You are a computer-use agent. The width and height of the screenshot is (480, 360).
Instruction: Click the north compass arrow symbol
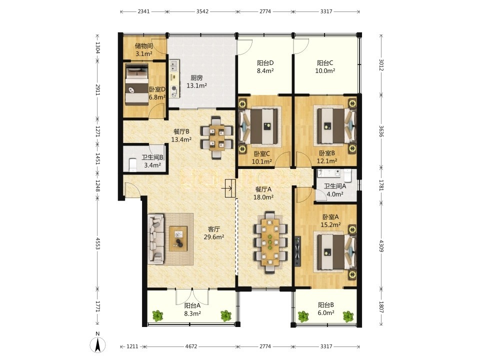[x=97, y=345]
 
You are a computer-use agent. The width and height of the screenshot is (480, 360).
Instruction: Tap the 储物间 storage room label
[x=144, y=46]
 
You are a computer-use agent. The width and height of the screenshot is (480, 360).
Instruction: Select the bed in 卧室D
[x=136, y=84]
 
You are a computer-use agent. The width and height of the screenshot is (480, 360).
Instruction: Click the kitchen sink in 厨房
[x=174, y=65]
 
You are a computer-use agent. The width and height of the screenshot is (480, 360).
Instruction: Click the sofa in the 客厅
[x=155, y=239]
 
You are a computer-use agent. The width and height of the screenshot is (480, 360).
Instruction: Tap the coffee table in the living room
[x=178, y=238]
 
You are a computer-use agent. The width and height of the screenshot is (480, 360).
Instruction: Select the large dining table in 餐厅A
[x=270, y=242]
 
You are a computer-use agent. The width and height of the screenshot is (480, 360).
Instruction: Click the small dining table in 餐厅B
[x=216, y=137]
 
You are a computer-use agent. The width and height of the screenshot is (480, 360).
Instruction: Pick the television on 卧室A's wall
[x=297, y=251]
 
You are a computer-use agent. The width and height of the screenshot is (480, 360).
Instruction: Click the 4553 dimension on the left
[x=97, y=243]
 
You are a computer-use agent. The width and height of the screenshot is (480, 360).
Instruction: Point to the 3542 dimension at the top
[x=202, y=11]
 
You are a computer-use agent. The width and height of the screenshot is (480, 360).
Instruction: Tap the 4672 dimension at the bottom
[x=191, y=346]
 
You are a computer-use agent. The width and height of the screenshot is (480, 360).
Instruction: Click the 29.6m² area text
[x=214, y=237]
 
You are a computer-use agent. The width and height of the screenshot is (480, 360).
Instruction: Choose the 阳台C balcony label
[x=325, y=63]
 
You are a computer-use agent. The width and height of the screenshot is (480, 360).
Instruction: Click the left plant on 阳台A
[x=158, y=315]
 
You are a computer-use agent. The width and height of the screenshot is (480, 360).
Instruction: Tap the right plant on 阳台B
[x=348, y=316]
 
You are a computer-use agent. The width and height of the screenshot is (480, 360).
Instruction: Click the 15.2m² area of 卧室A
[x=331, y=225]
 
